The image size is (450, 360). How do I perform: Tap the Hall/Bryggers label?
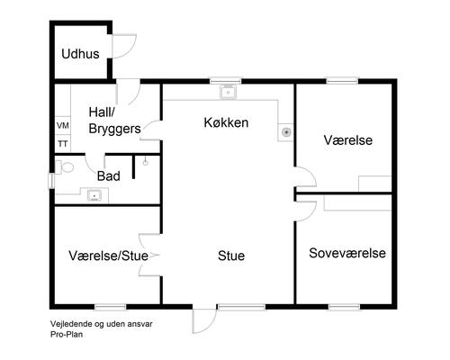click(x=113, y=121)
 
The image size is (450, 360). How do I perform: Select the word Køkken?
click(x=226, y=121)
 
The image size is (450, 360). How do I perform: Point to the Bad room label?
click(x=108, y=175)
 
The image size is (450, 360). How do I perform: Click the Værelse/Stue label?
click(x=108, y=256)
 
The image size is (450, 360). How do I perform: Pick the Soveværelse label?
click(x=347, y=253)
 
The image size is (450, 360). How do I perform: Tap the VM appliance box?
click(x=63, y=126)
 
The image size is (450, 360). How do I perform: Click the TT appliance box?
click(x=63, y=142)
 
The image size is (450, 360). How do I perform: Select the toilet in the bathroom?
click(x=64, y=167)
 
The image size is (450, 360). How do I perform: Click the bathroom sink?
click(x=93, y=193)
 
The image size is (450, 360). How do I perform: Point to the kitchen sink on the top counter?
click(x=229, y=91)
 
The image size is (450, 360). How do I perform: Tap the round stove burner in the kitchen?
click(x=286, y=131)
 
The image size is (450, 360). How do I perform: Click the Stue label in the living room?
click(x=231, y=256)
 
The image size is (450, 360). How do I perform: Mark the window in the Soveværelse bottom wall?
click(x=343, y=305)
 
